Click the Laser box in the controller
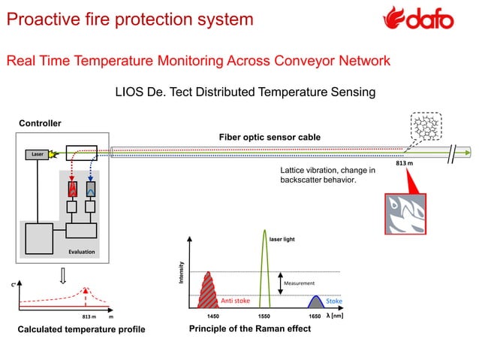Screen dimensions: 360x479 click(x=37, y=155)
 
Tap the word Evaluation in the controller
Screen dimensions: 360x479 click(x=81, y=252)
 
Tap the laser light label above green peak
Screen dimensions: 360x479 click(x=282, y=238)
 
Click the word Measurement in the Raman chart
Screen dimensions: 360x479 click(x=300, y=283)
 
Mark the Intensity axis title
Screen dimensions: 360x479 click(x=181, y=271)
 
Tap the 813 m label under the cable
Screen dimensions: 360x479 click(x=405, y=163)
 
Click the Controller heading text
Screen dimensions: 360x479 click(x=40, y=123)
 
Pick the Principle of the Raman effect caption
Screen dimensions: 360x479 click(x=250, y=329)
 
